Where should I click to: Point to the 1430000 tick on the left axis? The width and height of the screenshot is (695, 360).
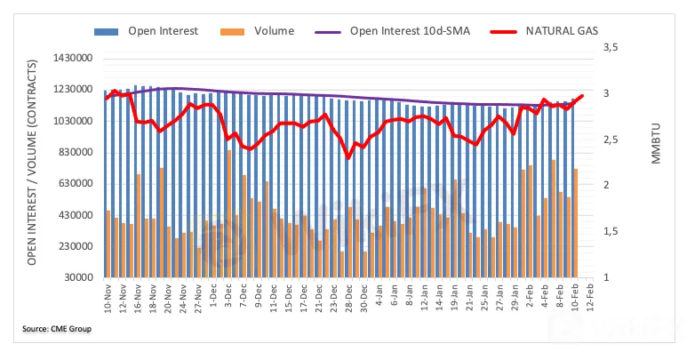point(74,59)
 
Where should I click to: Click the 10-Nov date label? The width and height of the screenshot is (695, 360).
point(108,301)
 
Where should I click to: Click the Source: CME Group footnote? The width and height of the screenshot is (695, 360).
point(57,330)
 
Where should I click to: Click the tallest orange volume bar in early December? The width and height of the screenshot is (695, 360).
point(229,213)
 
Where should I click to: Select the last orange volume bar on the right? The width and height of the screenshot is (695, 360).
point(576,223)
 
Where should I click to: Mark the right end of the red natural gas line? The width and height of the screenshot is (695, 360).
point(582,96)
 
